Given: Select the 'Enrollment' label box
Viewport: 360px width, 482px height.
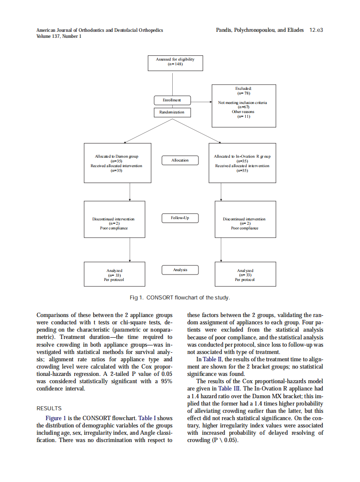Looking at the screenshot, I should [172, 100].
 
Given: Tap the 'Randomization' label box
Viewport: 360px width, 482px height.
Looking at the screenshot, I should [172, 112].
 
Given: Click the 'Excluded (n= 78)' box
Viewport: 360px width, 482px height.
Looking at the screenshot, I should [244, 106].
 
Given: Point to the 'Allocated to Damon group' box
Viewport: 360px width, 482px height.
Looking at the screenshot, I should [117, 163].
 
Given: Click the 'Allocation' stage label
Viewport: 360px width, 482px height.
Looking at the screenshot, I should [180, 160].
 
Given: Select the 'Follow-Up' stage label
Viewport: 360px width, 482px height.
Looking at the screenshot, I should [180, 218].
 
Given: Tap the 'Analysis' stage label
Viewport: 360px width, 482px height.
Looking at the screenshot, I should [180, 270].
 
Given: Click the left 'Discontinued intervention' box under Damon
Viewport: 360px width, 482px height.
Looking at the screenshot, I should [113, 219].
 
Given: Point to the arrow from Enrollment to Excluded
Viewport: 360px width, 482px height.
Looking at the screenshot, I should [201, 102].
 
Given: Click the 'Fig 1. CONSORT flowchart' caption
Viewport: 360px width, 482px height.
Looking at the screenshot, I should [180, 298].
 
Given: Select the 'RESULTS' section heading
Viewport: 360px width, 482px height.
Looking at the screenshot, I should [49, 409].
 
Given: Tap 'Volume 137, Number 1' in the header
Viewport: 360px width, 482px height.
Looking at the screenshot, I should [59, 37].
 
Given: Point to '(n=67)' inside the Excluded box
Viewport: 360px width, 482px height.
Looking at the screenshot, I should [243, 107].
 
